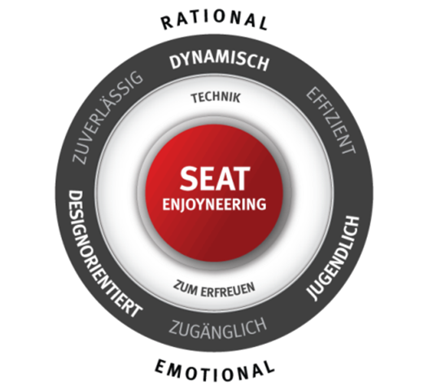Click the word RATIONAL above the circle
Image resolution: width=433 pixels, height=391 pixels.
(x=215, y=20)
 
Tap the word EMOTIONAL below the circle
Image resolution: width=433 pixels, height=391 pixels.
(x=215, y=370)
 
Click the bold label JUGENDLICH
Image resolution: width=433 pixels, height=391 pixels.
(x=335, y=257)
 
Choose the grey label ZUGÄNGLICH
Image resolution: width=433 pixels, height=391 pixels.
(x=218, y=328)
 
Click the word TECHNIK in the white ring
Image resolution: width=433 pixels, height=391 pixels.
(x=216, y=98)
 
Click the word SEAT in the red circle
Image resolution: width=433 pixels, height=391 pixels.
(x=214, y=178)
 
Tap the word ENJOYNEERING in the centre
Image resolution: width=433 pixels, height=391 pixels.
(x=214, y=204)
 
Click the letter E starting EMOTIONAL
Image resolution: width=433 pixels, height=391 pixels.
(x=161, y=365)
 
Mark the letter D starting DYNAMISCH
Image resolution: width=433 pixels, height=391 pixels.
(x=176, y=63)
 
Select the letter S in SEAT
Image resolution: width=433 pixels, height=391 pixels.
(x=188, y=178)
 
